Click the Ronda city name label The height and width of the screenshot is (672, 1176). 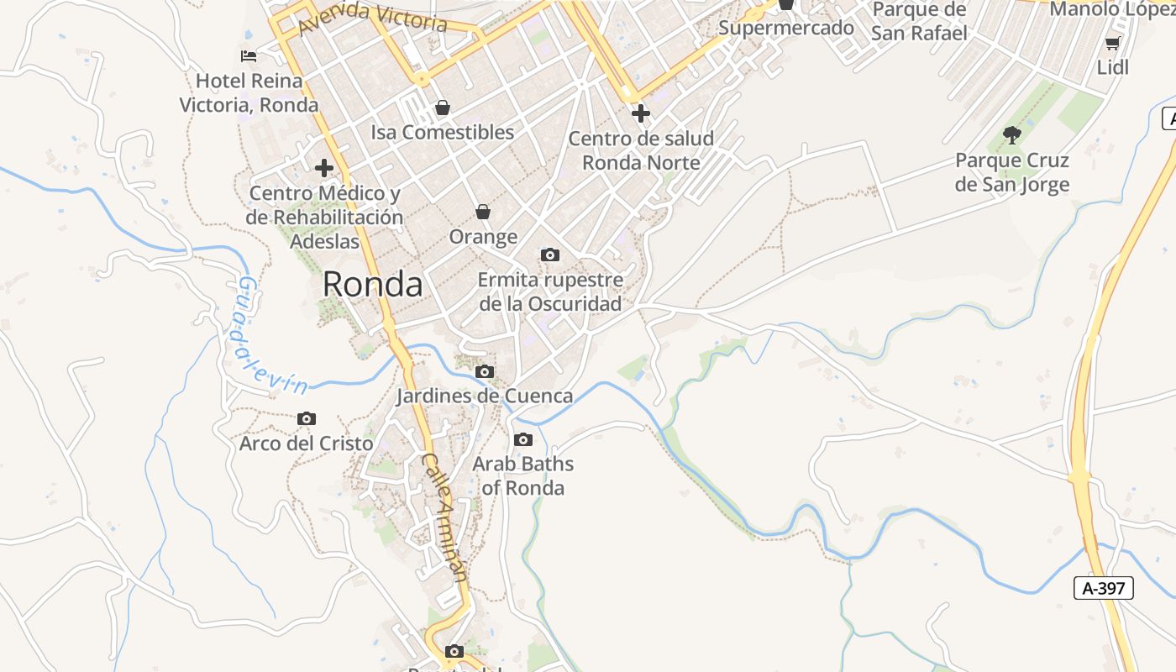[372, 285]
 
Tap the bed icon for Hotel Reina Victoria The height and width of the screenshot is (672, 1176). [249, 56]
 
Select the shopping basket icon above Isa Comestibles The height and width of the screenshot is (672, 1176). [442, 108]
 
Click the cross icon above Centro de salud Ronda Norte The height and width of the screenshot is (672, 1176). [641, 113]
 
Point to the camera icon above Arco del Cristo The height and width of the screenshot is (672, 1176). [307, 418]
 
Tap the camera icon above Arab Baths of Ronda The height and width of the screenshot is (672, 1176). [522, 439]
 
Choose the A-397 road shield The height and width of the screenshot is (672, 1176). [1104, 588]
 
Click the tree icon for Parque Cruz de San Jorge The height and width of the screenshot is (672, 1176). [1012, 134]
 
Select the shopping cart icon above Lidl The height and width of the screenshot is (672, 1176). [1113, 43]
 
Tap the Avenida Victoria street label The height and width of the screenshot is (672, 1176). [372, 16]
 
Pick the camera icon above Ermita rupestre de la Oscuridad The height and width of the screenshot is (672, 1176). [550, 255]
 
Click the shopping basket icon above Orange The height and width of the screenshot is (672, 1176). [483, 211]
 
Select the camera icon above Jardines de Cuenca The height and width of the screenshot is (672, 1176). [485, 371]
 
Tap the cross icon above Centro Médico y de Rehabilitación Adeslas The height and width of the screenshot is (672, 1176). [324, 168]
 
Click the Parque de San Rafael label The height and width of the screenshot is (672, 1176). [919, 21]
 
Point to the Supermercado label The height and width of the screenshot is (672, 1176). [786, 28]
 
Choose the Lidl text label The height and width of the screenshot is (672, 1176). [1113, 68]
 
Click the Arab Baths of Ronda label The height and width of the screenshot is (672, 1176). [522, 475]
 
